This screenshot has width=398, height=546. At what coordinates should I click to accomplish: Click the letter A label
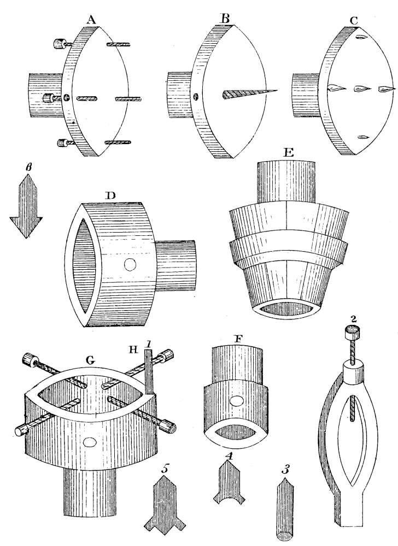point(91,19)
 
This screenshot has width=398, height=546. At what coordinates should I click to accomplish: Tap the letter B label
point(223,18)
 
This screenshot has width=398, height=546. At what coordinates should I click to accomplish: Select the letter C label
point(355,20)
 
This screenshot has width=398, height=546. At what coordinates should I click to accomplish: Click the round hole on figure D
point(130,265)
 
